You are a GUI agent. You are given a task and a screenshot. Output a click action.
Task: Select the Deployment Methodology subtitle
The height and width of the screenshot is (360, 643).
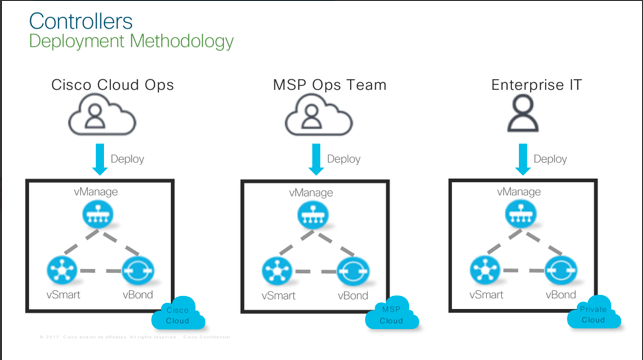[x=131, y=41]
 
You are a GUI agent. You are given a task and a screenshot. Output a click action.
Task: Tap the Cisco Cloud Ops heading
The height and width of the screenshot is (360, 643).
[x=112, y=85]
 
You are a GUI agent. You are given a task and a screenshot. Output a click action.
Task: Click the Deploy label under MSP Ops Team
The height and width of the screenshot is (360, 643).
[x=344, y=159]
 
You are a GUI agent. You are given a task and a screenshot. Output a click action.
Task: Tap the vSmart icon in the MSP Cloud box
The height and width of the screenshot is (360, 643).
[x=277, y=270]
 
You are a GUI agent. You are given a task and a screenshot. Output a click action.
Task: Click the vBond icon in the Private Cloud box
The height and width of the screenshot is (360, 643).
[x=560, y=270]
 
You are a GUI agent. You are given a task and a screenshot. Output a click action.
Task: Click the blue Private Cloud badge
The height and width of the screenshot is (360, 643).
[x=597, y=314]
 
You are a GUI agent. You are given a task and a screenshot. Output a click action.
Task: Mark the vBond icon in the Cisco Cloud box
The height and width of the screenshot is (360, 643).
[x=137, y=271]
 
